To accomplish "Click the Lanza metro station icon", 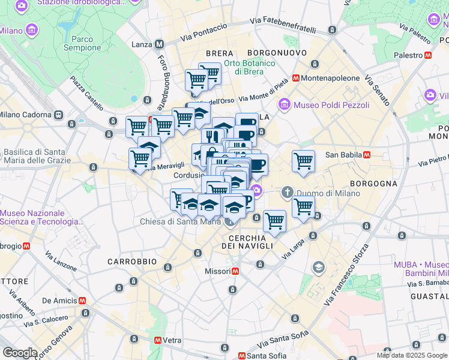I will (159, 44).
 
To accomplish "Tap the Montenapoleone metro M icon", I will (295, 78).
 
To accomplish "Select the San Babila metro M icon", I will (366, 154).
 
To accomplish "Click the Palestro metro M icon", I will (428, 55).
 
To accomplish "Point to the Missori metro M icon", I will (236, 271).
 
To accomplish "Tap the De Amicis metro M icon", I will (82, 301).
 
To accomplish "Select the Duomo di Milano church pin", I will (287, 193).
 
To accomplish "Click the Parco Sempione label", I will (82, 43).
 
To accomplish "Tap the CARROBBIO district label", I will (131, 262).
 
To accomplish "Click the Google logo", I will (19, 353).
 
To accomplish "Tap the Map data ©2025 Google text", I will (411, 355).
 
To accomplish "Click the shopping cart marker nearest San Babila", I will (303, 161).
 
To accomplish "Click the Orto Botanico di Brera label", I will (249, 67).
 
